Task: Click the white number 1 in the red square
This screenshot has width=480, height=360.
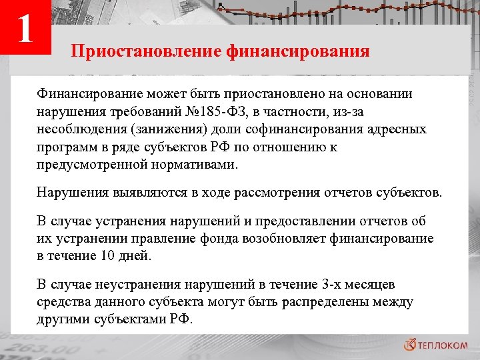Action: point(25,29)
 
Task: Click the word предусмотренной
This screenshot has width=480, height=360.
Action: point(89,163)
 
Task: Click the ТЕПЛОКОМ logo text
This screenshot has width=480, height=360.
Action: point(445,345)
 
